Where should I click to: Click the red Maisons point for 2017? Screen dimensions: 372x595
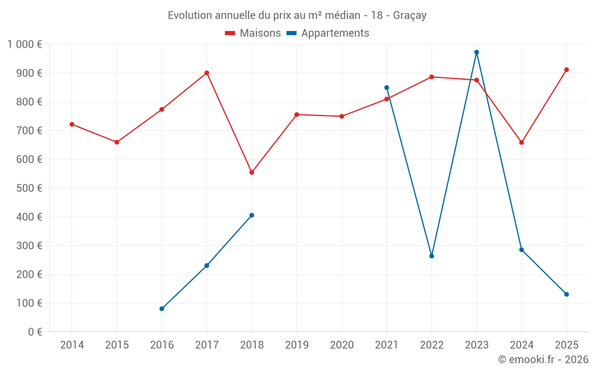coord(206,73)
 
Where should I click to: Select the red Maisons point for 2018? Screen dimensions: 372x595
coord(252,173)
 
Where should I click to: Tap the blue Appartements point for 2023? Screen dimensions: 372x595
coord(477,52)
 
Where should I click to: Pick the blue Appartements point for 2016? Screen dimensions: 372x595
coord(162,309)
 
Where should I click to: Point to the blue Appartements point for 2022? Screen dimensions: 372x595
coord(431,256)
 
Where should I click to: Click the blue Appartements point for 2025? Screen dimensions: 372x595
coord(566,295)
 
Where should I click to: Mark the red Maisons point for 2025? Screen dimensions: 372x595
coord(566,70)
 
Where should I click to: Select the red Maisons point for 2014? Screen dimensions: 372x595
coord(72,124)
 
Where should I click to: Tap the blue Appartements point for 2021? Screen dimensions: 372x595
coord(387,87)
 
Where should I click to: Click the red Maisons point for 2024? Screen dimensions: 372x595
coord(521,142)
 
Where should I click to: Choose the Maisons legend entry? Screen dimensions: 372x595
coord(253,33)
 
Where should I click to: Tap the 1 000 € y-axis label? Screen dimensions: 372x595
coord(24,45)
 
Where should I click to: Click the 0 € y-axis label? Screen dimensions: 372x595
coord(33,332)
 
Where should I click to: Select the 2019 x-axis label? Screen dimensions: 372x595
coord(297,345)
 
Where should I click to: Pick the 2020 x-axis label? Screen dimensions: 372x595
coord(342,345)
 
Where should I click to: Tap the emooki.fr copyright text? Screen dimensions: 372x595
coord(543,360)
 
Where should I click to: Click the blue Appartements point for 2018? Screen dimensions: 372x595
coord(252,215)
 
